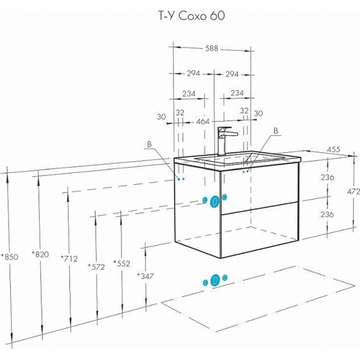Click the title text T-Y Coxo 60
pyautogui.click(x=192, y=16)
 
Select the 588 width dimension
pyautogui.click(x=212, y=49)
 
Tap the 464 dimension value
pyautogui.click(x=203, y=121)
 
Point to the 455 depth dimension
pyautogui.click(x=333, y=150)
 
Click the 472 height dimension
pyautogui.click(x=353, y=191)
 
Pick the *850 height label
pyautogui.click(x=9, y=257)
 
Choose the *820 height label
pyautogui.click(x=40, y=255)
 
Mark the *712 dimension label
pyautogui.click(x=69, y=259)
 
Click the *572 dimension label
pyautogui.click(x=96, y=267)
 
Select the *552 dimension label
pyautogui.click(x=122, y=263)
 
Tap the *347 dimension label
pyautogui.click(x=145, y=276)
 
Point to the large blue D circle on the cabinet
pyautogui.click(x=215, y=201)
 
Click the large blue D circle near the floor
pyautogui.click(x=215, y=280)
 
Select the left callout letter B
pyautogui.click(x=150, y=144)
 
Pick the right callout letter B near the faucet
pyautogui.click(x=276, y=131)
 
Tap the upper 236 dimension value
pyautogui.click(x=327, y=177)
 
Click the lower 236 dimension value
pyautogui.click(x=327, y=215)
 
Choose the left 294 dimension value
pyautogui.click(x=193, y=73)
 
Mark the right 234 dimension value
pyautogui.click(x=237, y=93)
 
